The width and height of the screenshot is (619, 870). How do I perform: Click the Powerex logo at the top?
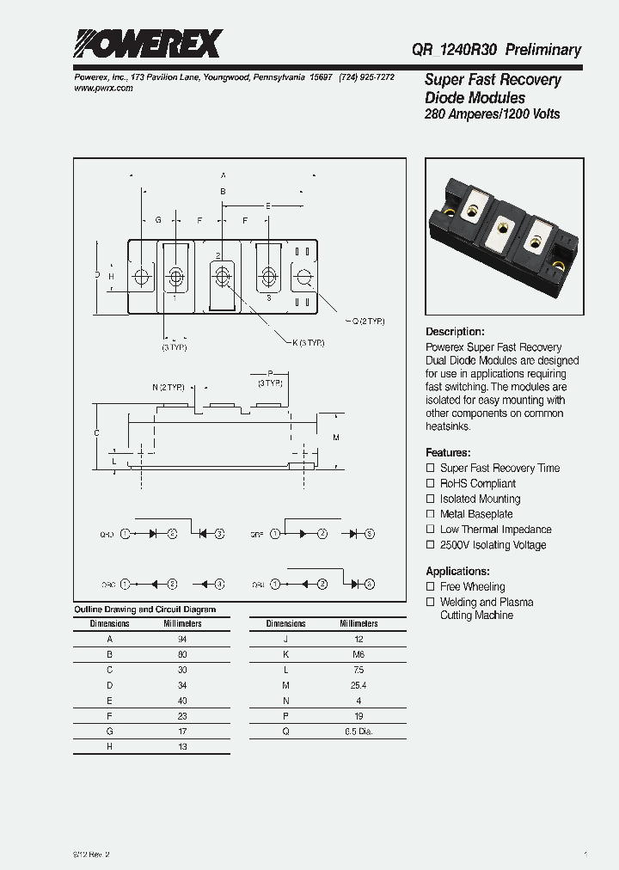(x=147, y=43)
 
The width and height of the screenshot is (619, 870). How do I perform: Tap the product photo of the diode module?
(x=505, y=237)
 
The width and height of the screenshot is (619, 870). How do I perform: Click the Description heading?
(x=455, y=332)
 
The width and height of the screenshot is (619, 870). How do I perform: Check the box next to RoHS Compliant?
(x=431, y=483)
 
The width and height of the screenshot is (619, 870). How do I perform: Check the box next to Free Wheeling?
(x=431, y=586)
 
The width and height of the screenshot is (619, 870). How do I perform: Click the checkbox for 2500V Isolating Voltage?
(x=431, y=545)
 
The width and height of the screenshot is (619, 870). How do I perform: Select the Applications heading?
(x=457, y=571)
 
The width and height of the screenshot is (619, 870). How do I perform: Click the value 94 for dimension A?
(x=182, y=639)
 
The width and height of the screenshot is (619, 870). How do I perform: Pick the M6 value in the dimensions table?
(x=359, y=654)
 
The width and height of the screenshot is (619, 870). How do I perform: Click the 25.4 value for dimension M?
(x=359, y=685)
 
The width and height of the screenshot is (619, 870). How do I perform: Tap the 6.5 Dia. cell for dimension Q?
(x=359, y=732)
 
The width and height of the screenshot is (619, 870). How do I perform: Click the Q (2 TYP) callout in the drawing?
(x=367, y=321)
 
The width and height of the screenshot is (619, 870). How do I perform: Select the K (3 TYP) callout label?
(x=308, y=342)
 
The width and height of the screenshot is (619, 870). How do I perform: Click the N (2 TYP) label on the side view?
(x=169, y=387)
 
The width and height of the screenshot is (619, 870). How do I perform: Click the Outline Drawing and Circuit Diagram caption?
(x=144, y=610)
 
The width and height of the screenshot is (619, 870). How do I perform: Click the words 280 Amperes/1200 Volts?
(x=492, y=114)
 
